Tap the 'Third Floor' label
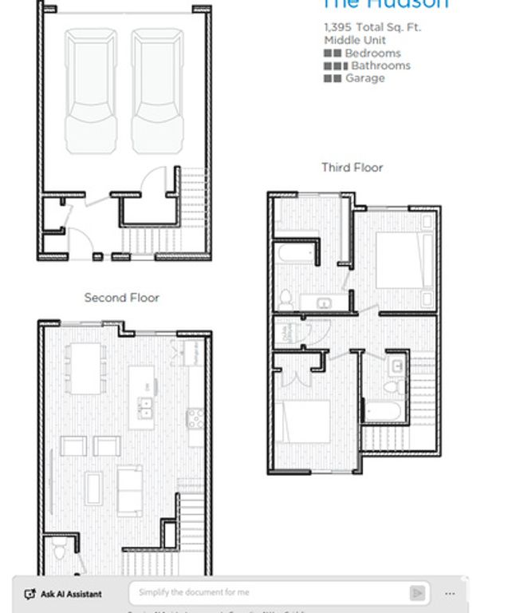coord(352,168)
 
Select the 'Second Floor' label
coord(122,298)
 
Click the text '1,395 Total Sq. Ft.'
coord(372,27)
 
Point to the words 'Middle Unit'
coord(355,40)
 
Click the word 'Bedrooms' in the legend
coord(372,53)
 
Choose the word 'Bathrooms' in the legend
coord(380,65)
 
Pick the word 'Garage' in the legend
coord(364,78)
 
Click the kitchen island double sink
coord(145,408)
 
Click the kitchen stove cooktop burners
coord(195,417)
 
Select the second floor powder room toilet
coord(60,552)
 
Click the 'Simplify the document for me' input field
coord(271,593)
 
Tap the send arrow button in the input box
coord(417,593)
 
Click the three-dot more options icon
coord(450,594)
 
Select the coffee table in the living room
coord(94,487)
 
